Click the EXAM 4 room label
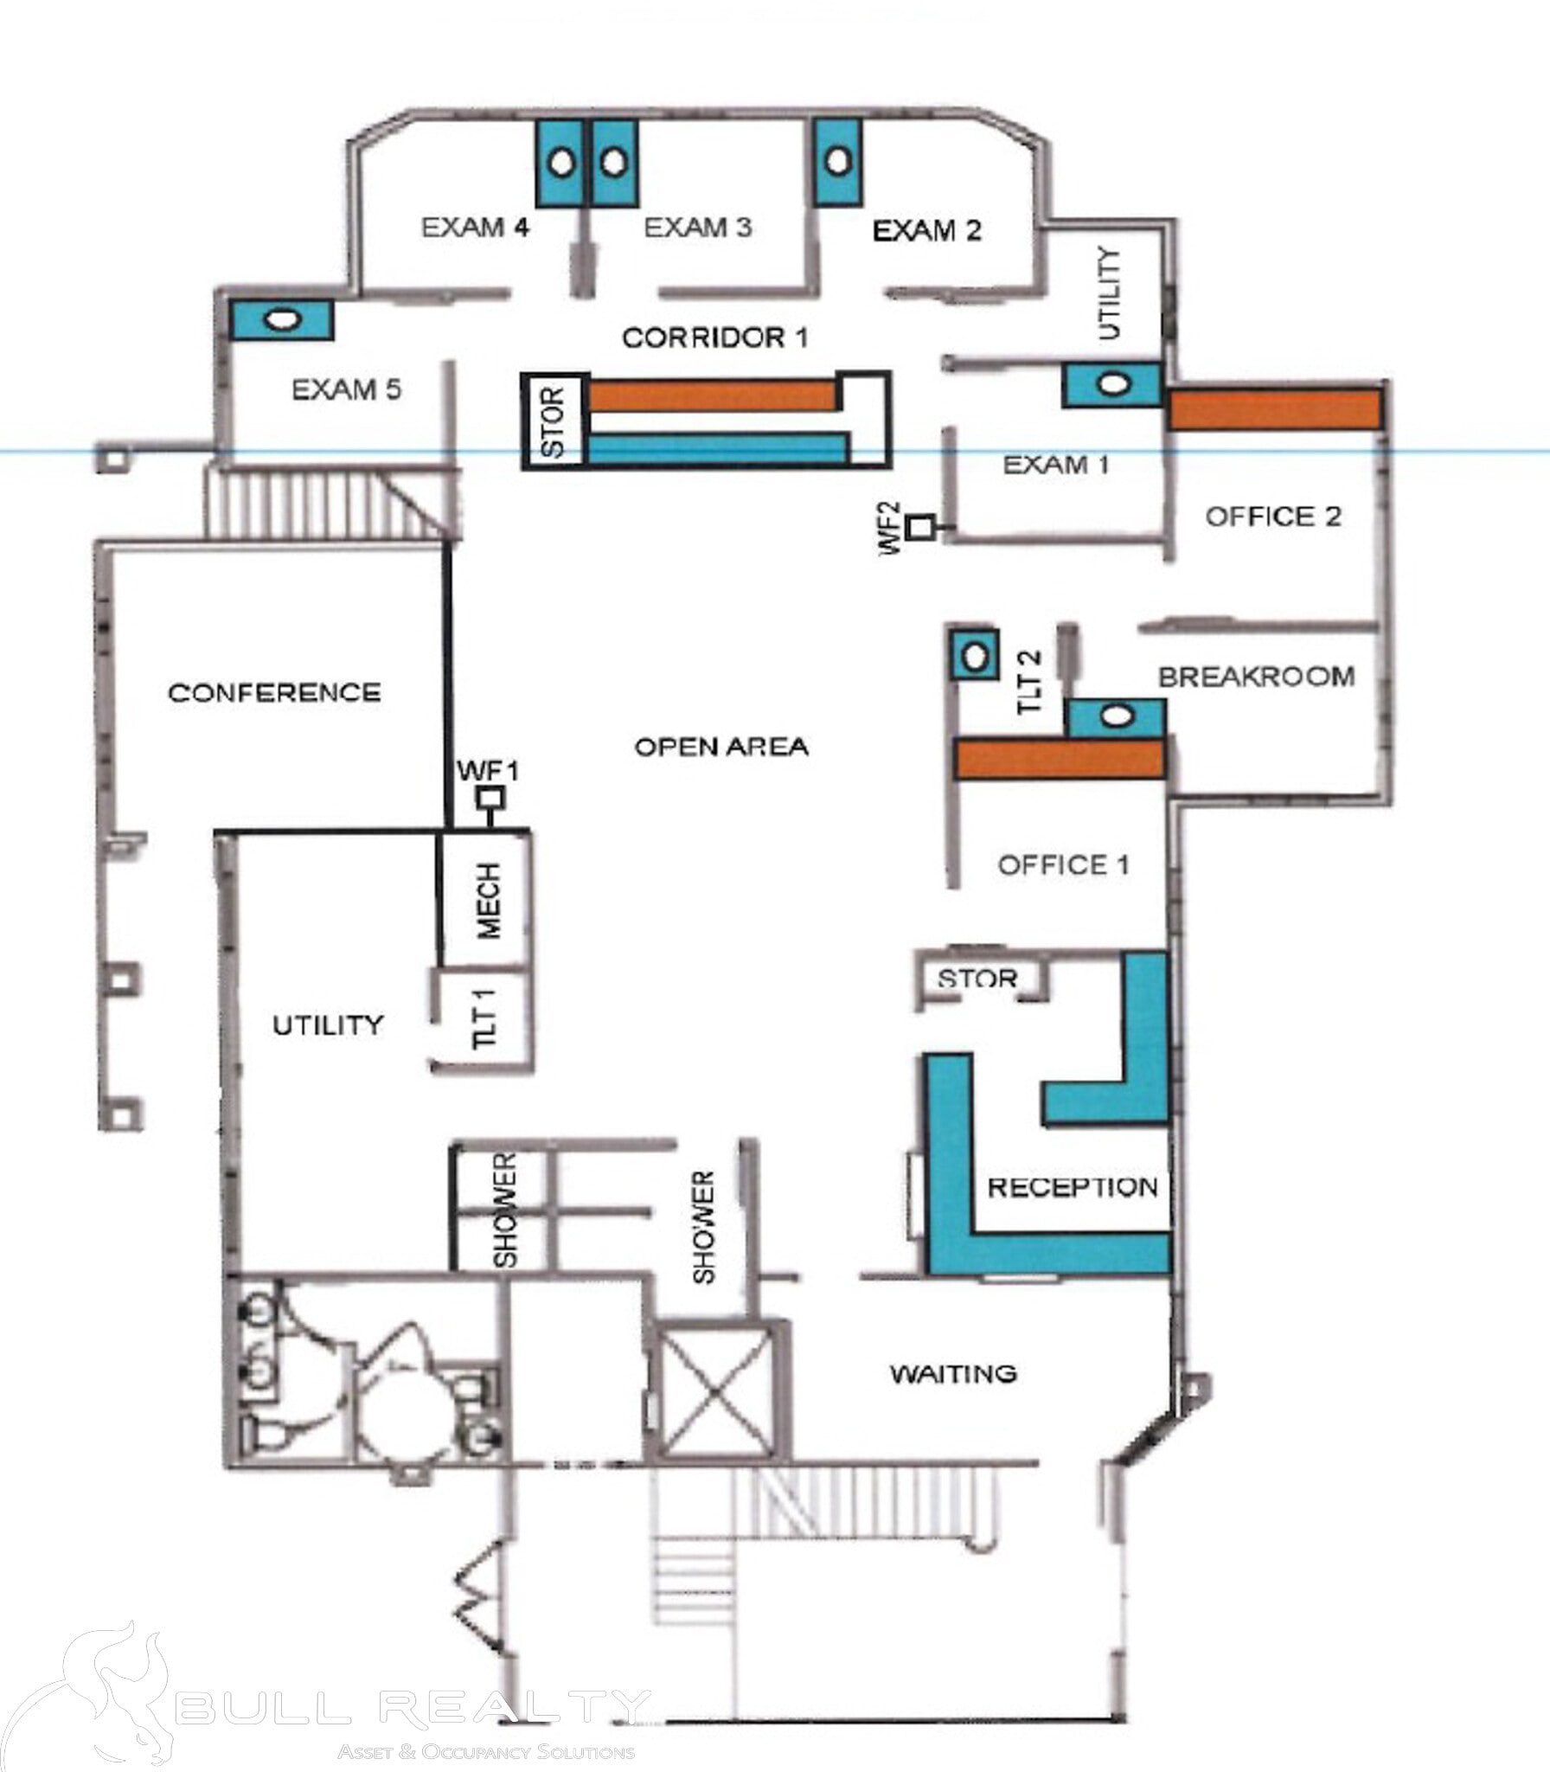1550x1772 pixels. (x=475, y=228)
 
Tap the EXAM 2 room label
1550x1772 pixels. (x=927, y=230)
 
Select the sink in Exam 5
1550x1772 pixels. (x=282, y=319)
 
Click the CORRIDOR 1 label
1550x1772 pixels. (x=715, y=337)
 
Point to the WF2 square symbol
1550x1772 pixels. (x=923, y=526)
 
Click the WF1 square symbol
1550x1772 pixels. (x=492, y=798)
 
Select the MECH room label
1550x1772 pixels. (x=488, y=901)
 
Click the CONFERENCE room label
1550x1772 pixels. (x=274, y=692)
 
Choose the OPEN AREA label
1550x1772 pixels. (x=721, y=746)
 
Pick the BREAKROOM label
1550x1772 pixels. (x=1256, y=677)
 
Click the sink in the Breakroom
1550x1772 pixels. (x=1117, y=716)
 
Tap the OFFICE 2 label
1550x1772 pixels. (x=1273, y=517)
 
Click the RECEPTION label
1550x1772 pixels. (x=1072, y=1187)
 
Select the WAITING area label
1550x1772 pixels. (x=953, y=1373)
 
